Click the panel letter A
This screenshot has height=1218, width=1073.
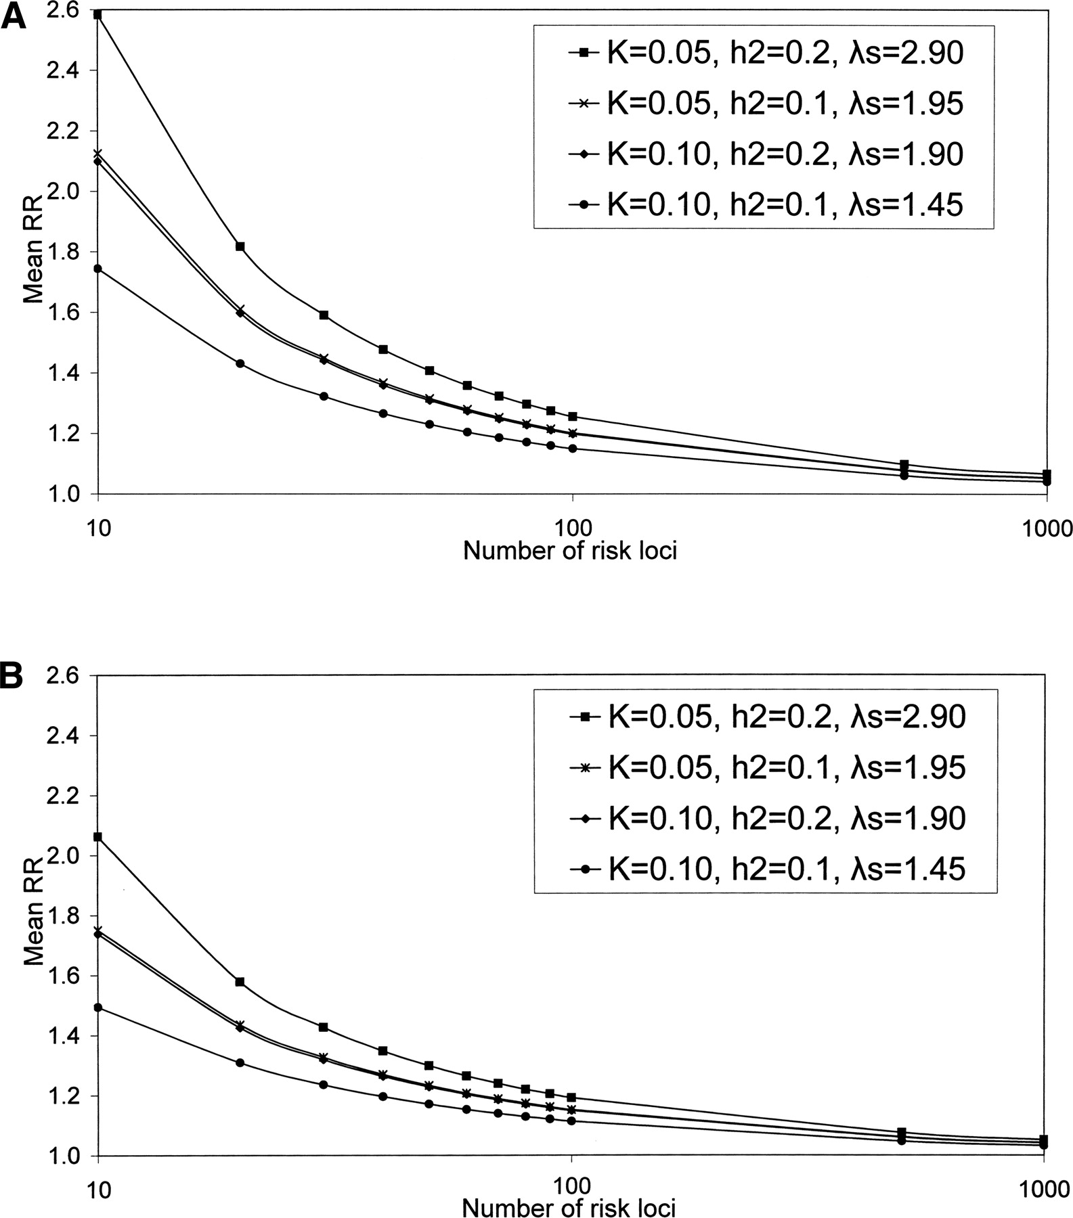(14, 15)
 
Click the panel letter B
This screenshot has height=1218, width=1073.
(14, 676)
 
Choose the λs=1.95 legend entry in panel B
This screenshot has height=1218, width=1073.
(766, 768)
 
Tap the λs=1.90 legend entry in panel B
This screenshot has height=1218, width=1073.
(766, 818)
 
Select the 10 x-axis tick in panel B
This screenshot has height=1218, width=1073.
(99, 1188)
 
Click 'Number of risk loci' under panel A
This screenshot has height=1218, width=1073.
(570, 551)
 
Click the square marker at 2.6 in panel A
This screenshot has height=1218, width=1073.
(99, 14)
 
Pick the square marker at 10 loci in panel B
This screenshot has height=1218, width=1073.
(99, 837)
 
